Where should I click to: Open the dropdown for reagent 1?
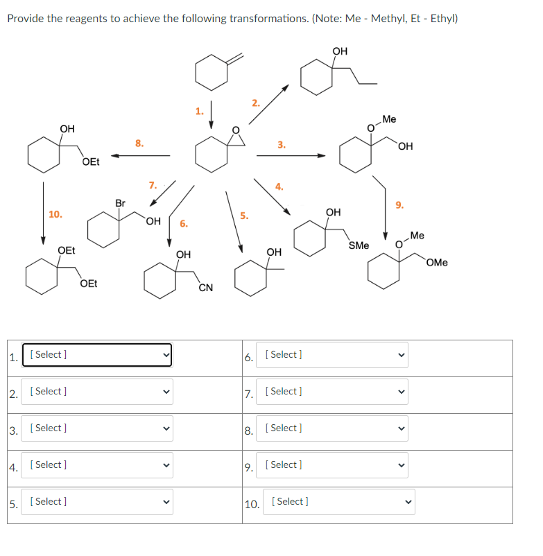(97, 355)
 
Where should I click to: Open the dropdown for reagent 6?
(331, 355)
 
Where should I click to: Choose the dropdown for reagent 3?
(97, 428)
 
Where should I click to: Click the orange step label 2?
(255, 103)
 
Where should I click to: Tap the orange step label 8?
(139, 144)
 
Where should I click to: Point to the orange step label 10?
(55, 214)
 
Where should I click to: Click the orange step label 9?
(399, 205)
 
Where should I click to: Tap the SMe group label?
(359, 245)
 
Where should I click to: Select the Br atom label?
(120, 203)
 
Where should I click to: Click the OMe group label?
(437, 262)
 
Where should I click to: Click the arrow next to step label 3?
(291, 156)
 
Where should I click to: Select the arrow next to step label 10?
(43, 212)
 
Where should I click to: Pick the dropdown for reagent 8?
(331, 428)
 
